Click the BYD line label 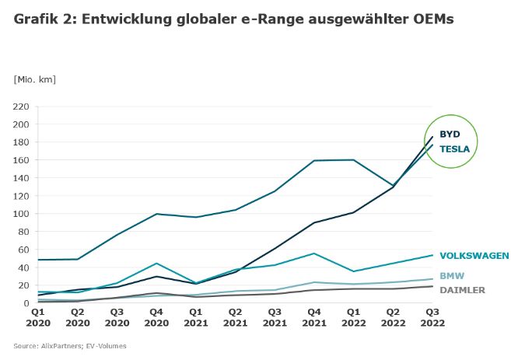[450, 134]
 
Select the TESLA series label [454, 149]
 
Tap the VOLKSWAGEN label [474, 255]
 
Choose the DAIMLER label [462, 290]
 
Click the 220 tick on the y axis [20, 107]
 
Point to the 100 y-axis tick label [20, 214]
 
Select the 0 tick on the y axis [26, 303]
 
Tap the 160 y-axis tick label [20, 160]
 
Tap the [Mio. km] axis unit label [35, 79]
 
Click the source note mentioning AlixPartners [69, 346]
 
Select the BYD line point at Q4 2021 [315, 222]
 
